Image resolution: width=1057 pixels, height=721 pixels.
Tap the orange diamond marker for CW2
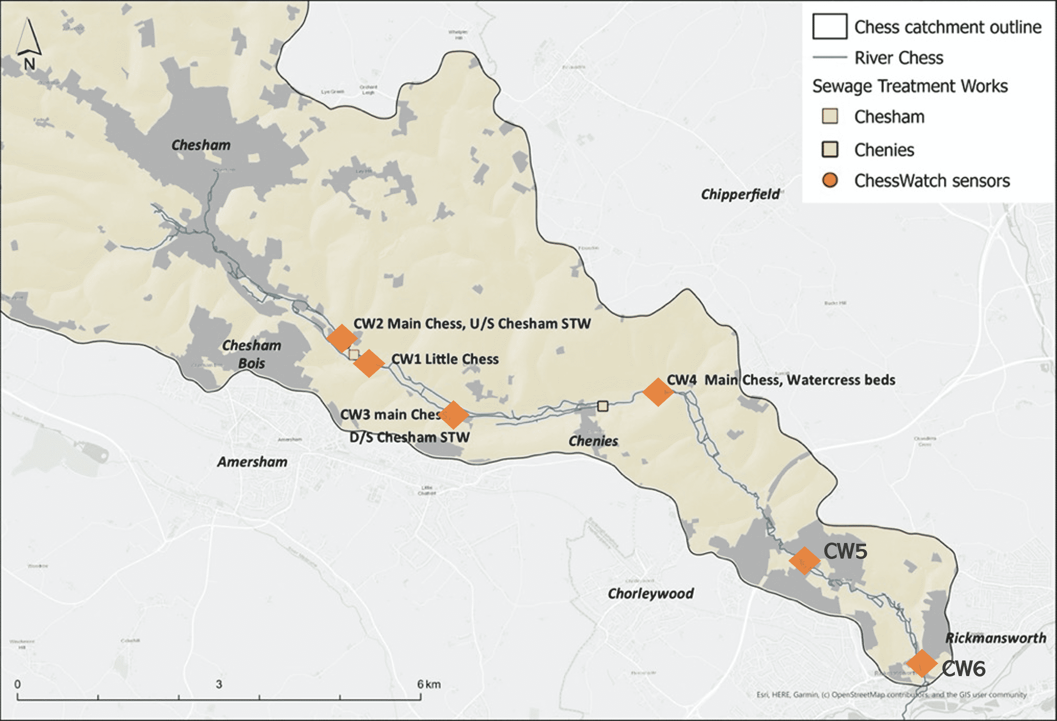[342, 338]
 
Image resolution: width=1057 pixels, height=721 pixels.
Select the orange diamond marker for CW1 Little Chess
[369, 363]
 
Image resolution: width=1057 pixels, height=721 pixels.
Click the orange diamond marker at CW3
[453, 415]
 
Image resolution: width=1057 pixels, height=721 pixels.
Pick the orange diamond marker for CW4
[658, 391]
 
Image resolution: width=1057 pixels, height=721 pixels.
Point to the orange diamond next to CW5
[804, 561]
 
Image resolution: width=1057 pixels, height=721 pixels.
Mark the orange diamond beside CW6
[922, 663]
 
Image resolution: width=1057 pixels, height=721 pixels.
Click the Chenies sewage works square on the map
[603, 406]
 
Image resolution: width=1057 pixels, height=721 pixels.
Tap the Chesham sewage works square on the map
[354, 354]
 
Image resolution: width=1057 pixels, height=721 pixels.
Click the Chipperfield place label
[740, 194]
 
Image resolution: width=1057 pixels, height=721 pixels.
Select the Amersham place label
[252, 462]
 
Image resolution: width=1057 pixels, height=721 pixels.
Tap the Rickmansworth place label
[996, 638]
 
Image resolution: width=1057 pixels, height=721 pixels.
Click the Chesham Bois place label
[252, 354]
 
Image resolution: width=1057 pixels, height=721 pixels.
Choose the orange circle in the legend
[830, 180]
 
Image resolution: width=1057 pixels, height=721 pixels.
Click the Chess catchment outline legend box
[830, 26]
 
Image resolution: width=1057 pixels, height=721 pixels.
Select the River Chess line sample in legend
[830, 58]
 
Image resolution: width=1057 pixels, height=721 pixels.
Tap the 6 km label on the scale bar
[429, 684]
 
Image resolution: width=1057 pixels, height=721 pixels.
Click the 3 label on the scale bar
[219, 684]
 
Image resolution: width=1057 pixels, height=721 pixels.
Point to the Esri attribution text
[891, 695]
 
